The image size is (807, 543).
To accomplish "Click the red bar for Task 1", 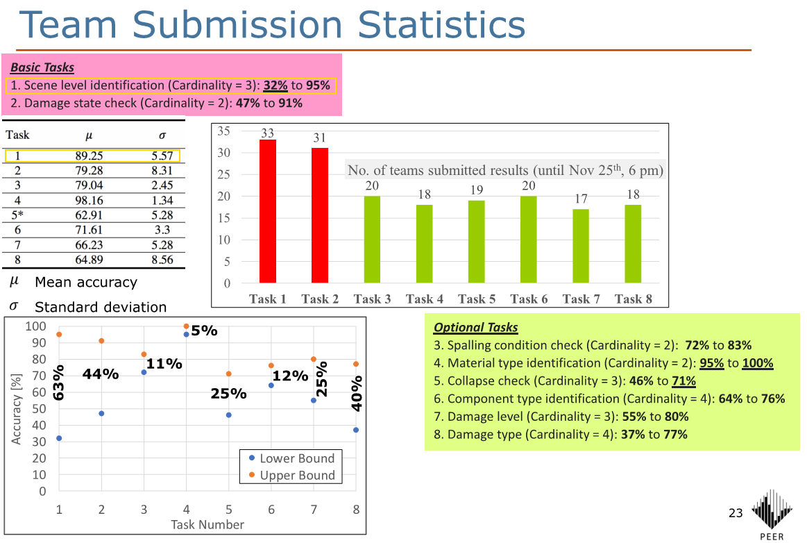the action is tap(268, 211).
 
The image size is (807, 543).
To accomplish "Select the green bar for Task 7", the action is tap(581, 246).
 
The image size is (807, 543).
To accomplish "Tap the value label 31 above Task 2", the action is tap(320, 137).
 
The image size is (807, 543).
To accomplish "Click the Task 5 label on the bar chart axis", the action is tap(477, 299).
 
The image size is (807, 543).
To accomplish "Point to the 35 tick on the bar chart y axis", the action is tap(223, 131).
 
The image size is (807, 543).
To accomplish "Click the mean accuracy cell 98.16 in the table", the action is tap(89, 200).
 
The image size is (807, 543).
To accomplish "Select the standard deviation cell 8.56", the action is tap(162, 260).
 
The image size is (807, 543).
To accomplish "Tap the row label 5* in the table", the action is tap(17, 215).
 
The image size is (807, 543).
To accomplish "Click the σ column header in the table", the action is tap(162, 135).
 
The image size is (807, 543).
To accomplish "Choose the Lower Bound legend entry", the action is tap(292, 458).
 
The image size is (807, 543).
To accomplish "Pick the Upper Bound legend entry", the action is tap(292, 475).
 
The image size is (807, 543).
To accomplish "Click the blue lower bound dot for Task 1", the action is tap(59, 438).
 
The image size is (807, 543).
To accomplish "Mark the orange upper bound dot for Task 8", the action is tap(356, 365).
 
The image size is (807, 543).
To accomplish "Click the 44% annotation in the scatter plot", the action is tap(101, 374).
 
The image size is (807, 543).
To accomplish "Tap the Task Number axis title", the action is tap(207, 524).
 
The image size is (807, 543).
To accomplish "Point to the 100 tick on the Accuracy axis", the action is tap(35, 326).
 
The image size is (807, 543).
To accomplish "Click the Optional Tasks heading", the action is tap(475, 327).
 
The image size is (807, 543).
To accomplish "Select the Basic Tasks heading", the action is tap(42, 67).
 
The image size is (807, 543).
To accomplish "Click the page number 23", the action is tap(736, 512).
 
